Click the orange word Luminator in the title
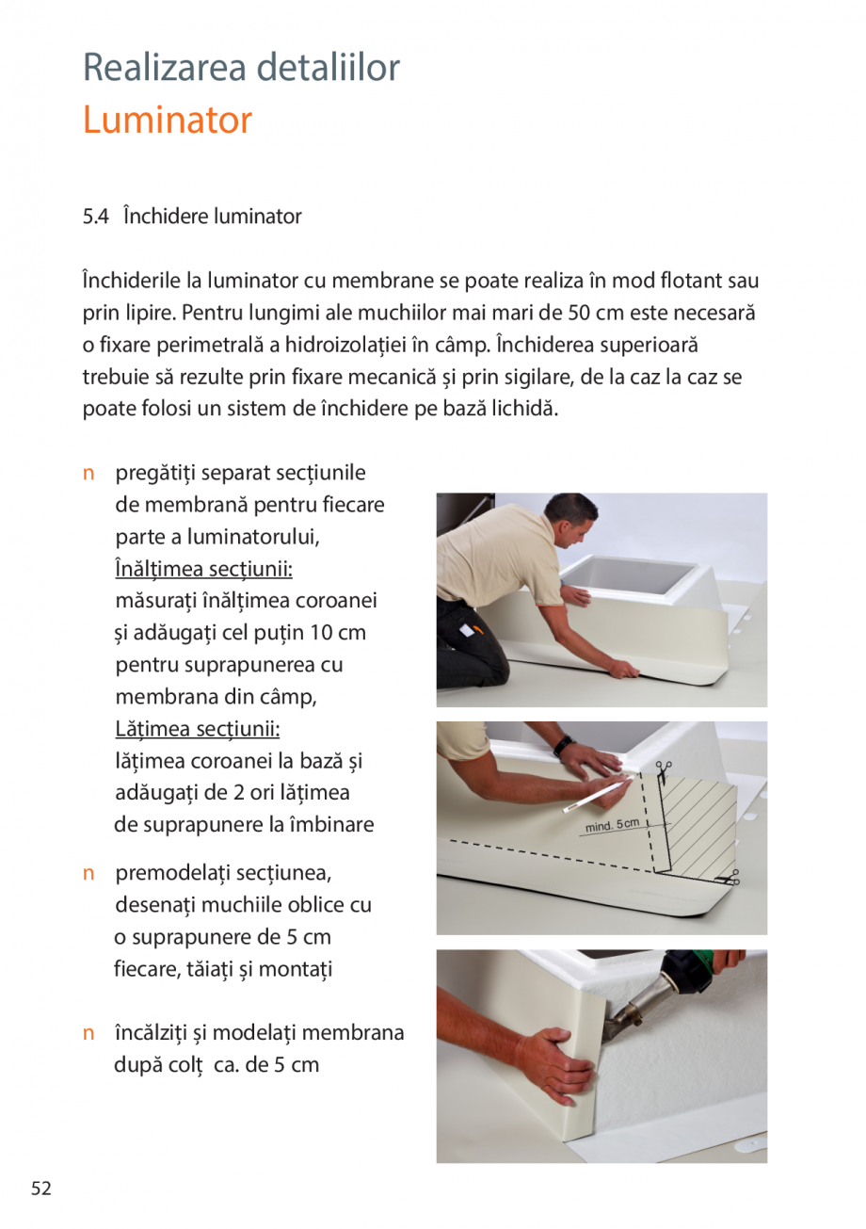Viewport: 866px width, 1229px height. click(x=168, y=121)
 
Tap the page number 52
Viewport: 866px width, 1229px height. click(x=40, y=1189)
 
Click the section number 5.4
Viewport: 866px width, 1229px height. click(x=96, y=217)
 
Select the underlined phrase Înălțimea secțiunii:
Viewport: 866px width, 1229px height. click(x=203, y=568)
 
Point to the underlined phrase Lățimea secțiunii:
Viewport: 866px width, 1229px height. click(x=198, y=728)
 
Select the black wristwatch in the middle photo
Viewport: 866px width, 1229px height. click(x=563, y=746)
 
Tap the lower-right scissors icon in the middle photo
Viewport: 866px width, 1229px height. click(x=729, y=880)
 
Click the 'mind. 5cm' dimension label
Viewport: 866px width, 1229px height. click(x=612, y=826)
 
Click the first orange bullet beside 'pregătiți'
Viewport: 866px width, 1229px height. click(x=88, y=473)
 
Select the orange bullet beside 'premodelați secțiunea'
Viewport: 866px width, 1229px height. click(x=88, y=873)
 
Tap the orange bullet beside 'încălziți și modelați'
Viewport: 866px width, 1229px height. click(x=88, y=1033)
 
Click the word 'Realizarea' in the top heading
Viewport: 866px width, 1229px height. click(x=163, y=68)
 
